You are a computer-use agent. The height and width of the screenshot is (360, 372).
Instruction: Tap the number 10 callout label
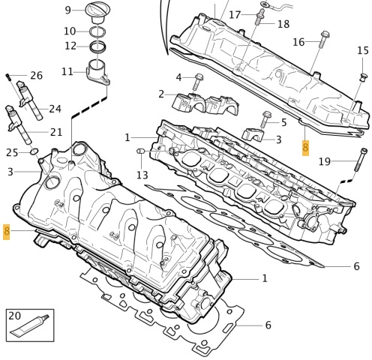[70, 31]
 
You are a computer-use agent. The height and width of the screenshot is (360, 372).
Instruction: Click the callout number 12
[70, 46]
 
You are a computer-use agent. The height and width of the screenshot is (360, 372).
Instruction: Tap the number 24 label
[55, 109]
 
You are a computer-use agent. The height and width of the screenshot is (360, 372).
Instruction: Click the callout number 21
[56, 132]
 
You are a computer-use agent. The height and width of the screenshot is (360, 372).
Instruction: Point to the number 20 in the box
[15, 316]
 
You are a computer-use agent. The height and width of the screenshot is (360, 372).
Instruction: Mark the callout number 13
[142, 175]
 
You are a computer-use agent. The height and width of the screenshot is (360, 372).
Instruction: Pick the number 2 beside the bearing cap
[161, 94]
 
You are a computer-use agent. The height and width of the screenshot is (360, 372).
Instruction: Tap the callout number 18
[283, 24]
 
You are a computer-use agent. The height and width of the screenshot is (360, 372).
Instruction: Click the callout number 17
[235, 15]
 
